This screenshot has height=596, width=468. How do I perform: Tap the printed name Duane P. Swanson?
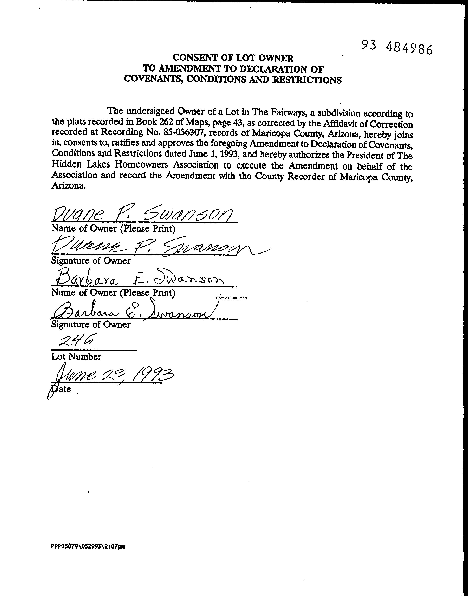click(x=142, y=214)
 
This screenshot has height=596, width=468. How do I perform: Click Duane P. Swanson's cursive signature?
click(x=153, y=245)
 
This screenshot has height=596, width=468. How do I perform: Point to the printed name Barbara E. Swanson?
click(x=140, y=278)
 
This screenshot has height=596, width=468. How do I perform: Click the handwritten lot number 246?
click(x=76, y=340)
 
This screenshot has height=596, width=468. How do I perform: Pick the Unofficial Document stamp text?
click(x=231, y=298)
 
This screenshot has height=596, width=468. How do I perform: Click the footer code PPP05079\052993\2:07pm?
click(x=88, y=546)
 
